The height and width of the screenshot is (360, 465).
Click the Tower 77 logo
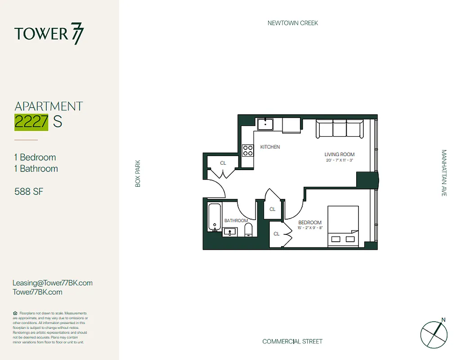coord(49,34)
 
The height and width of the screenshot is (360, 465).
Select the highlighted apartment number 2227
coord(31,122)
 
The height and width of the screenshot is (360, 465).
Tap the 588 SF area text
coord(29,192)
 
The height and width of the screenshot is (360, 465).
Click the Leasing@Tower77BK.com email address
coord(53,283)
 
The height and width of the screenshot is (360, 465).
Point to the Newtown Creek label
coord(292,23)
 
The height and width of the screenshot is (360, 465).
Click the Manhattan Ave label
coord(444,173)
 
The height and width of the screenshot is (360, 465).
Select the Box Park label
coord(138,174)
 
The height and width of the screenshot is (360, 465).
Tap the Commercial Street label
coord(292,342)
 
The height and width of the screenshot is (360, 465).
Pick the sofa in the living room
coord(339,129)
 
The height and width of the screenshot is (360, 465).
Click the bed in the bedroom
coord(343,226)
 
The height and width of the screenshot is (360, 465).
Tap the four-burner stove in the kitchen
coord(248,150)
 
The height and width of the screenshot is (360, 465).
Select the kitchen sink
coord(266,124)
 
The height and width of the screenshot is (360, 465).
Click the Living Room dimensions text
coord(340,161)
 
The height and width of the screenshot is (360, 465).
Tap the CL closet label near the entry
coord(223,163)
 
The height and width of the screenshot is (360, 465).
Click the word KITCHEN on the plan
coord(270,147)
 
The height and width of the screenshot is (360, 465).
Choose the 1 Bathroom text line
coord(36,169)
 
